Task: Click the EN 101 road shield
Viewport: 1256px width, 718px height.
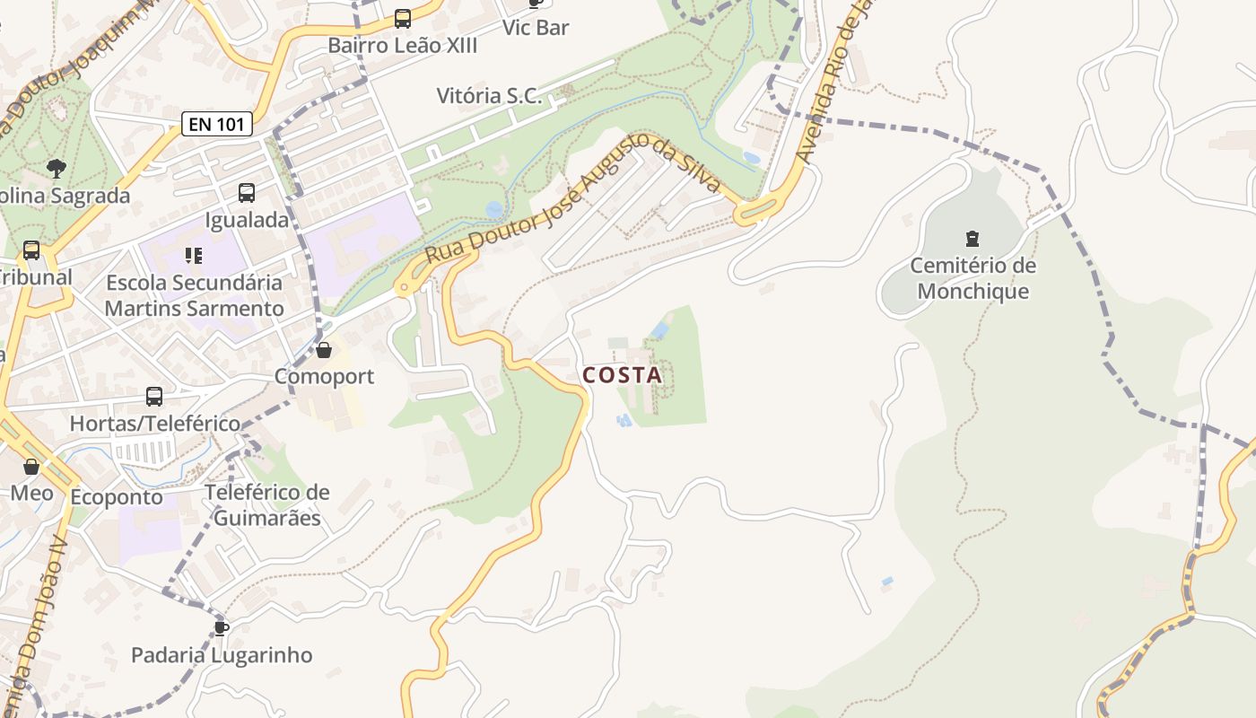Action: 217,124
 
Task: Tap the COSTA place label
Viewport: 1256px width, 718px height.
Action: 623,375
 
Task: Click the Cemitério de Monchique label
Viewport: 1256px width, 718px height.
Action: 973,278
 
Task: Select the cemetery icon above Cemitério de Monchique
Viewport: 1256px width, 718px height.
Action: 972,239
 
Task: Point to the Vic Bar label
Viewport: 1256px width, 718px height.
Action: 536,28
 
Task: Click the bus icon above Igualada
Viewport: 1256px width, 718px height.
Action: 247,192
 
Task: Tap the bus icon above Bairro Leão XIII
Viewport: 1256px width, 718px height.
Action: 403,18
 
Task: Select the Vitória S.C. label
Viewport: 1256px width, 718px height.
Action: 490,96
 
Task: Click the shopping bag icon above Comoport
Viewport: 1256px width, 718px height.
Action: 324,349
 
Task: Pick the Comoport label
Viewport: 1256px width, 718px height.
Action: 324,376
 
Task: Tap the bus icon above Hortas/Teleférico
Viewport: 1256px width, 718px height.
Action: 154,396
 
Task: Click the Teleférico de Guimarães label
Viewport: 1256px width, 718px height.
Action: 267,505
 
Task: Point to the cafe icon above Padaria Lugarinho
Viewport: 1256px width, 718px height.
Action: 222,627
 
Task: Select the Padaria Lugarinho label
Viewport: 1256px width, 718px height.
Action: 222,655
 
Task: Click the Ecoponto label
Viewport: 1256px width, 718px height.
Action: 117,497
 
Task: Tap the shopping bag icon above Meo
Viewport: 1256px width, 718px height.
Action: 31,467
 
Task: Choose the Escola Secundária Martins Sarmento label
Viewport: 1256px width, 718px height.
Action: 194,295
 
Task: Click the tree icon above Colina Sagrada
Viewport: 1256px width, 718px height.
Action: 56,168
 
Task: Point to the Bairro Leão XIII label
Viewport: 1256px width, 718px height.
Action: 403,46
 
